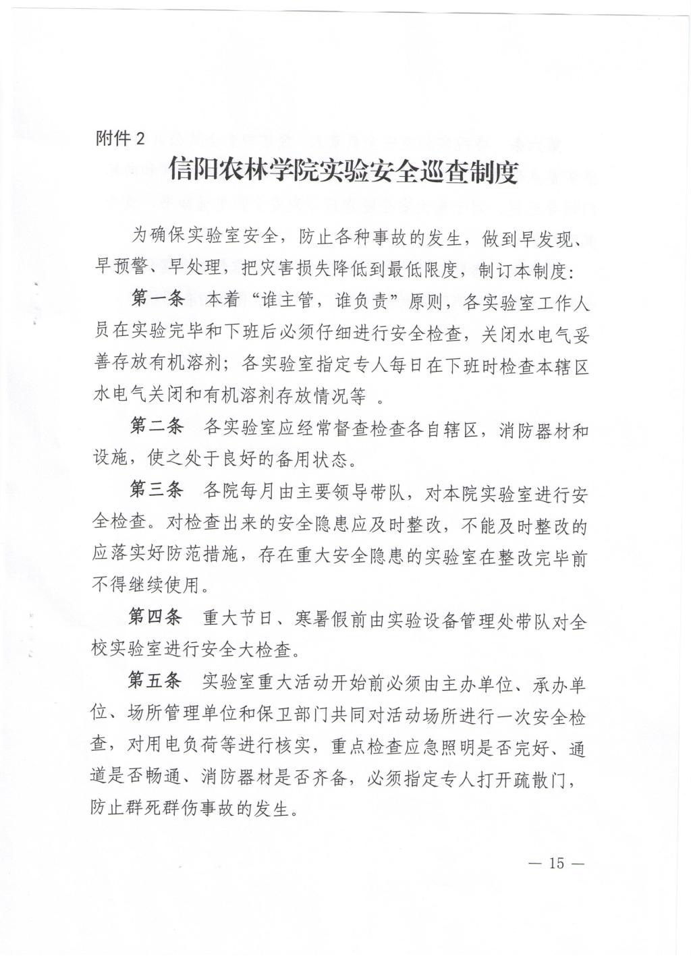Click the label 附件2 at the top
121,139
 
